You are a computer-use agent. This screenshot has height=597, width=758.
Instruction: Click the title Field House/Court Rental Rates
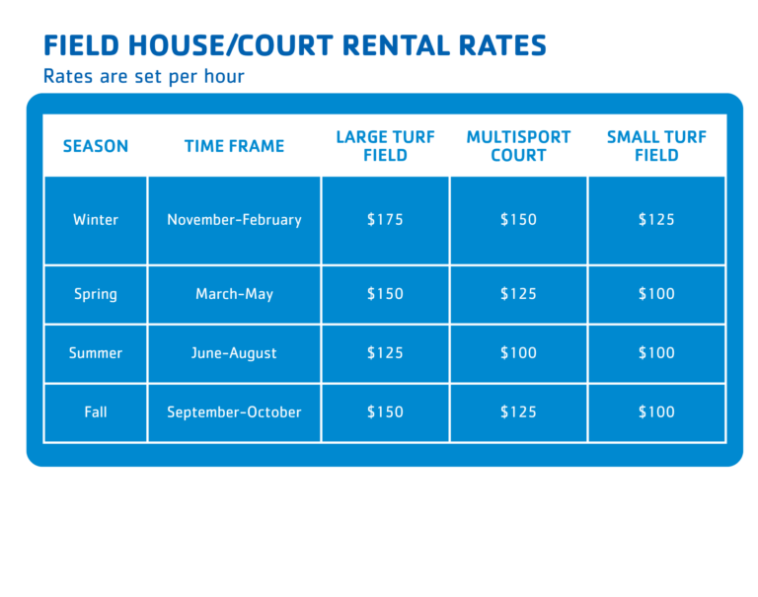point(295,45)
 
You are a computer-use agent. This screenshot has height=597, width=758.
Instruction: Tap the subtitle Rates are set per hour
point(143,76)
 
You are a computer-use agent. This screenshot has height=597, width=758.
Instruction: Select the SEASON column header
point(96,146)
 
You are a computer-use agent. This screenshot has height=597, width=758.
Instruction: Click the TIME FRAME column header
point(235,146)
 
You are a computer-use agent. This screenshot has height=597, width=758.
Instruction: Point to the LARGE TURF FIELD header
point(385,146)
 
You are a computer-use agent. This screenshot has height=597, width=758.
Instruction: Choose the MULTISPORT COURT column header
point(518,146)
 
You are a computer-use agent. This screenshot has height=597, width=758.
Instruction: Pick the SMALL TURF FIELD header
point(656,146)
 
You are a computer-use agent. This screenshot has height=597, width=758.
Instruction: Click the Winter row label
point(96,220)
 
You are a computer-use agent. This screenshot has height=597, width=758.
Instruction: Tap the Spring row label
point(96,294)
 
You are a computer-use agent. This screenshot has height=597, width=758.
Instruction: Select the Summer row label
point(96,353)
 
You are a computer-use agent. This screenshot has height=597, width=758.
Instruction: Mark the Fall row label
point(96,411)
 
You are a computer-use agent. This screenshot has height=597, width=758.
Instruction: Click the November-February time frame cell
point(235,220)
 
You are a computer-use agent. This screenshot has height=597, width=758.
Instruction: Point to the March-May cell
point(235,294)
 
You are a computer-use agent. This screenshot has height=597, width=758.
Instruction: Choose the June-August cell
point(235,353)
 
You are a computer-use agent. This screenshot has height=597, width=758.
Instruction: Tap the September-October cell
point(235,411)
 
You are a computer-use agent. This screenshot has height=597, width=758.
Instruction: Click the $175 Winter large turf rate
point(385,219)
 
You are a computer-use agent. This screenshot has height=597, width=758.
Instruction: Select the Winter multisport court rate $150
point(518,219)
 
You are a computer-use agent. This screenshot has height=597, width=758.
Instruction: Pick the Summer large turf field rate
point(385,353)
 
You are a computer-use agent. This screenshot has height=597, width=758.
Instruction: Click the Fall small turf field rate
point(656,411)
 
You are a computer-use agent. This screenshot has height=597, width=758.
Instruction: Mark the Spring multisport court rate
point(518,293)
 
